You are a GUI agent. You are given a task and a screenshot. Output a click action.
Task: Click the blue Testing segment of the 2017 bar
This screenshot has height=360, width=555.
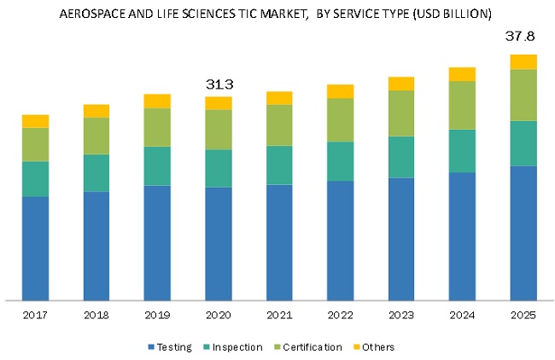pos(35,247)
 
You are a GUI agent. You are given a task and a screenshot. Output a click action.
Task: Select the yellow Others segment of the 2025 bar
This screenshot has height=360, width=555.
pos(523,61)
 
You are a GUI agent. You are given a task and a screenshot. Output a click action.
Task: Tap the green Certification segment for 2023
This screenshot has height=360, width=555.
pos(401,113)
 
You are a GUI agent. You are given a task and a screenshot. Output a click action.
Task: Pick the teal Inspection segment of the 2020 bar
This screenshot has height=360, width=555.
pos(219,168)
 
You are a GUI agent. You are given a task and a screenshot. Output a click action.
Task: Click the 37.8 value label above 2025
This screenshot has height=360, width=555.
pos(523,38)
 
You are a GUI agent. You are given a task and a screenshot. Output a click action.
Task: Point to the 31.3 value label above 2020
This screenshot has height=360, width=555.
pos(219,84)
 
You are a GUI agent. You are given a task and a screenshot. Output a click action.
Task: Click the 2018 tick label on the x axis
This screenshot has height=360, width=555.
pos(96,315)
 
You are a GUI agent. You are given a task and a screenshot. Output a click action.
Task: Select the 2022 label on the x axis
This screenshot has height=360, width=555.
pos(340,315)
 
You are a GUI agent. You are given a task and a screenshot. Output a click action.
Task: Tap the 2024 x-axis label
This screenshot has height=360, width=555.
pos(462,315)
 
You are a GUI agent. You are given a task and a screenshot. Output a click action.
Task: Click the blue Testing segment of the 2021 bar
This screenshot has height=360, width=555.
pos(279,242)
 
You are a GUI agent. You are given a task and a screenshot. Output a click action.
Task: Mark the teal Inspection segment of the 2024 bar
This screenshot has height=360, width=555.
pos(462,151)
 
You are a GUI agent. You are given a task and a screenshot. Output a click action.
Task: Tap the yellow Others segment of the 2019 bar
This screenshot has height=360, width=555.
pos(157,101)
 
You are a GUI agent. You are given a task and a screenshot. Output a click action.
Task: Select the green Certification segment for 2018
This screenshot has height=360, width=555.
pos(96,136)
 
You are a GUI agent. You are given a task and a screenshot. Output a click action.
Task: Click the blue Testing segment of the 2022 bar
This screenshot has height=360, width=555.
pos(340,240)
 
